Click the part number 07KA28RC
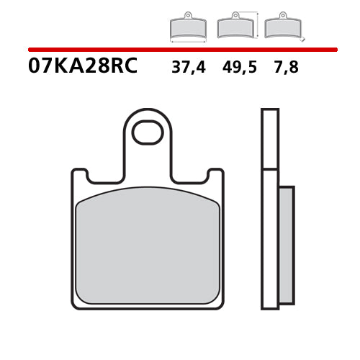tap(83, 67)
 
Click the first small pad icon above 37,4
tap(187, 27)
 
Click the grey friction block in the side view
tap(286, 245)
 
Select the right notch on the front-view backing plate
tap(212, 176)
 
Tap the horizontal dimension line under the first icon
tap(187, 41)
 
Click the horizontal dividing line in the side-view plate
tap(269, 169)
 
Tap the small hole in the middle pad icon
tap(233, 16)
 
